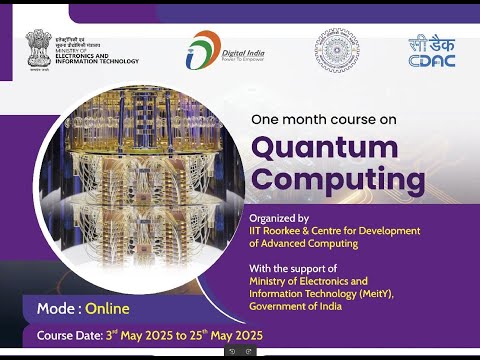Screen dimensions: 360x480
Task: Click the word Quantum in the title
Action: click(322, 147)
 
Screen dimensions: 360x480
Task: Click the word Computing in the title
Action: click(324, 181)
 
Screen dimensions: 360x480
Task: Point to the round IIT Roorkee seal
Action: click(336, 49)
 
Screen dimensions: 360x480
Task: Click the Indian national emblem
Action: click(39, 48)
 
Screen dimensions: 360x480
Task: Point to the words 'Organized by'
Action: click(279, 217)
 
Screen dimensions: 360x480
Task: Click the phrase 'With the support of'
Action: click(293, 267)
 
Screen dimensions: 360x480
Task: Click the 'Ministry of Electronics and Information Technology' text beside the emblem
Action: click(97, 53)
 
